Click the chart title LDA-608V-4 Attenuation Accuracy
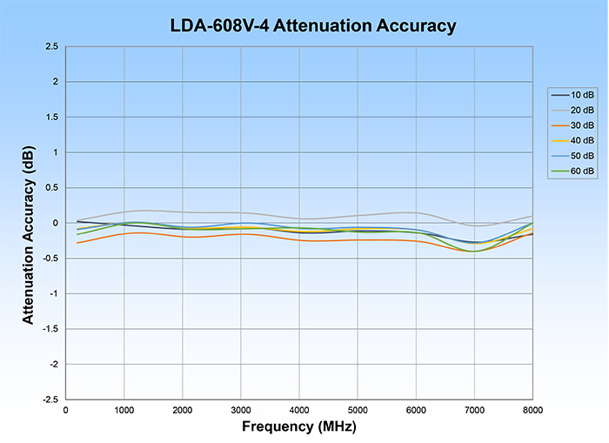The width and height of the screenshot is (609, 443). [x=312, y=26]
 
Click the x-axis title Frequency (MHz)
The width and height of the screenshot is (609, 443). [x=299, y=428]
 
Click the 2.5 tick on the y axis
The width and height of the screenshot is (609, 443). [x=51, y=46]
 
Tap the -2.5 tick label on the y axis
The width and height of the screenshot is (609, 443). [x=50, y=399]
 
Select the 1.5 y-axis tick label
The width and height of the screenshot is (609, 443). [x=51, y=117]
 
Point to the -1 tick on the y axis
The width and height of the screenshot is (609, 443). [x=54, y=293]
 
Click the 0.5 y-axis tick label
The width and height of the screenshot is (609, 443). [x=51, y=187]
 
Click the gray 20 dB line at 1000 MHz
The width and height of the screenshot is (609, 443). [x=124, y=211]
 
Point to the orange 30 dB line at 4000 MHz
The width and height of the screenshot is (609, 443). [x=299, y=240]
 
